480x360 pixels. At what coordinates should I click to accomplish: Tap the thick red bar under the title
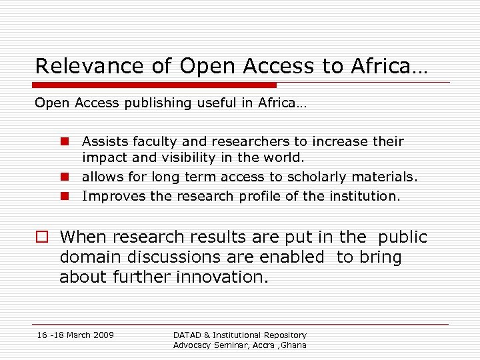[155, 85]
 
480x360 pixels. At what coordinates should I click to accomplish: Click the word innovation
[220, 277]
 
